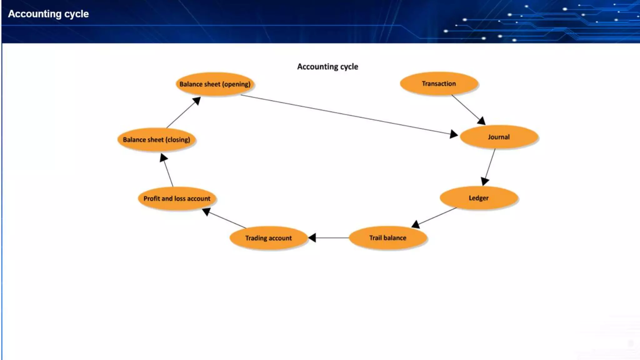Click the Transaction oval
pyautogui.click(x=439, y=83)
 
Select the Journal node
pyautogui.click(x=499, y=137)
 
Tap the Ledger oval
pyautogui.click(x=478, y=198)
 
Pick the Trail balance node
pyautogui.click(x=387, y=238)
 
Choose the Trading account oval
pyautogui.click(x=268, y=238)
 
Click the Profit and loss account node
pyautogui.click(x=177, y=198)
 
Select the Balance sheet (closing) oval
pyautogui.click(x=156, y=140)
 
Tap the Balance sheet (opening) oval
pyautogui.click(x=215, y=84)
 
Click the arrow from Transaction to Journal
pyautogui.click(x=468, y=109)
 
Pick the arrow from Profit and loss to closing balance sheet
pyautogui.click(x=168, y=171)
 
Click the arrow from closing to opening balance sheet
pyautogui.click(x=183, y=112)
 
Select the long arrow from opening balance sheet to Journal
pyautogui.click(x=347, y=115)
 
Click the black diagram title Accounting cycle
pyautogui.click(x=327, y=67)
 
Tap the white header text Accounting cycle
pyautogui.click(x=48, y=14)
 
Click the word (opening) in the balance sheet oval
pyautogui.click(x=236, y=84)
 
